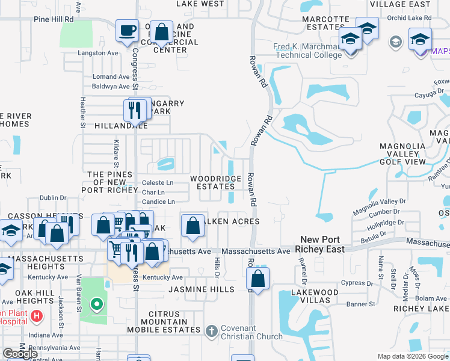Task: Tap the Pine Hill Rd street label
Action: point(54,19)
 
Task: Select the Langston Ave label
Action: point(98,53)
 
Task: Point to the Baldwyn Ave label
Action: point(111,86)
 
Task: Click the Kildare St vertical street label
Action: point(117,153)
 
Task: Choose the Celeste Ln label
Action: point(157,182)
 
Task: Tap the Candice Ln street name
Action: point(158,202)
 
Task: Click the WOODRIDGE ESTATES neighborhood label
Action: point(217,182)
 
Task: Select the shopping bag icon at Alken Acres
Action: point(192,227)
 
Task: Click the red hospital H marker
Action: point(37,316)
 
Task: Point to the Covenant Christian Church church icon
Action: point(211,331)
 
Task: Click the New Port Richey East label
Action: point(322,244)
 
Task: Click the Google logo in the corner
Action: point(20,354)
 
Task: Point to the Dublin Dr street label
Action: point(53,197)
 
